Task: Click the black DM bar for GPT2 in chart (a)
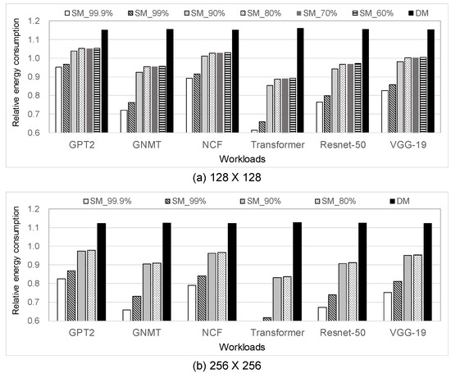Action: pos(104,82)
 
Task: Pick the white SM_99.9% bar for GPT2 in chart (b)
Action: pos(60,299)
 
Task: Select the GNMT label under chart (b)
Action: pos(144,332)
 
